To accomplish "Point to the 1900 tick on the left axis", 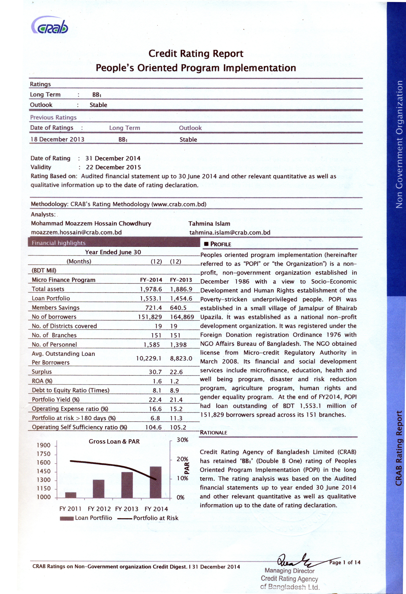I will [44, 445].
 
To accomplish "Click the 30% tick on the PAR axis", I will [182, 440].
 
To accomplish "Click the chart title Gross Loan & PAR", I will [114, 441].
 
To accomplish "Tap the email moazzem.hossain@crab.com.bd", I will [76, 232].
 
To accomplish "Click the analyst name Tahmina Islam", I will [209, 224].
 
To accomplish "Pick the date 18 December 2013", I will [57, 139].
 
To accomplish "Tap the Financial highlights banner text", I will [59, 243].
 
